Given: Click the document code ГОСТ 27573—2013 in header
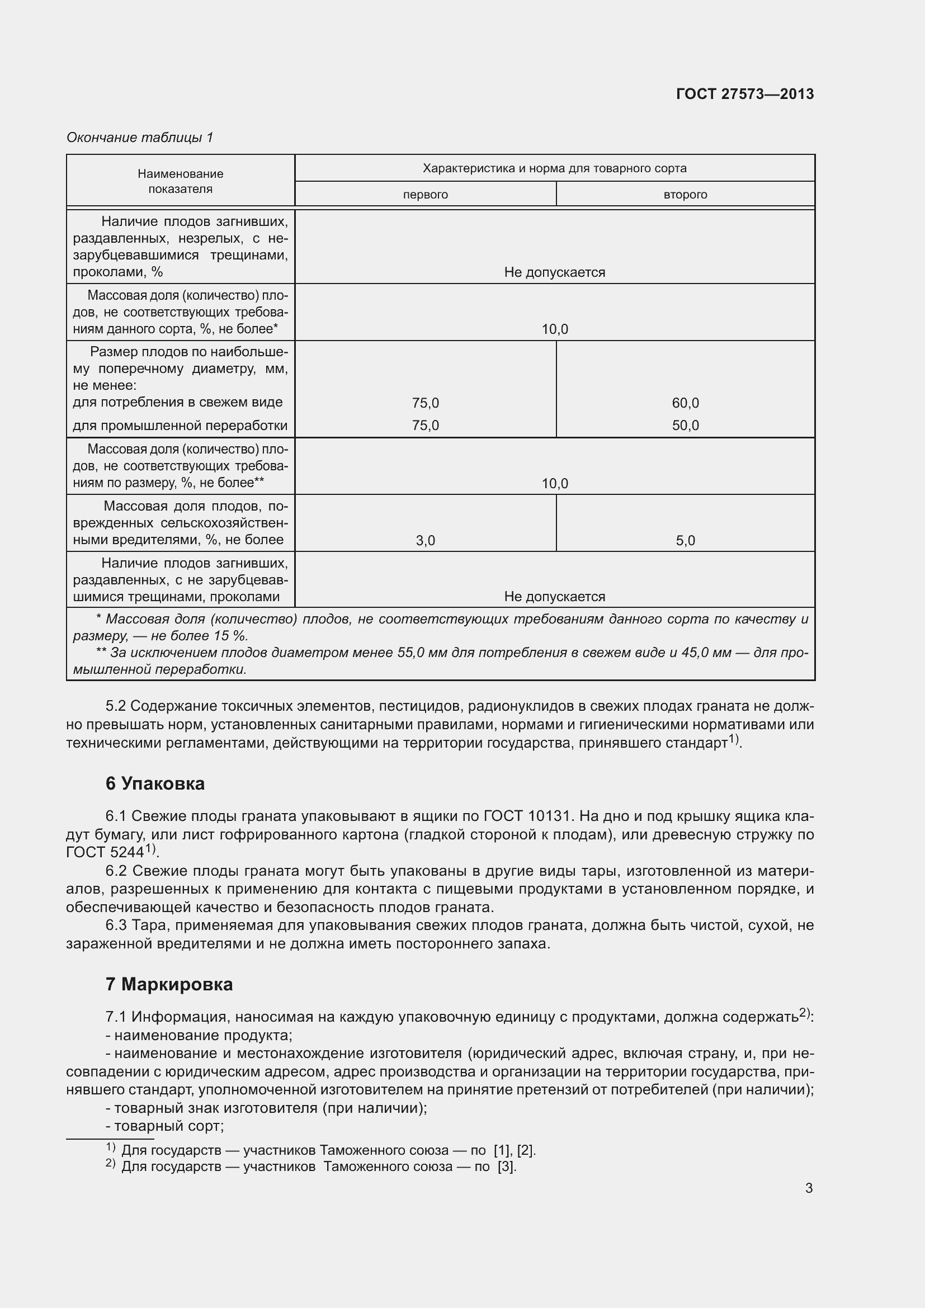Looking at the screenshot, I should (x=744, y=94).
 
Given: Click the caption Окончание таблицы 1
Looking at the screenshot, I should (x=140, y=138).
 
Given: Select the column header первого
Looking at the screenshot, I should (x=425, y=195).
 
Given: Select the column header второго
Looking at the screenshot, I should (x=685, y=195).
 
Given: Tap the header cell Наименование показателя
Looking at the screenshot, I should (x=180, y=181).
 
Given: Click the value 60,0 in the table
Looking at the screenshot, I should (x=685, y=403).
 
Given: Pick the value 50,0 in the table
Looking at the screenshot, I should (x=685, y=426).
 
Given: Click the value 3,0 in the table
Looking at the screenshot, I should (x=425, y=541).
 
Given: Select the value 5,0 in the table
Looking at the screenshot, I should (x=685, y=541).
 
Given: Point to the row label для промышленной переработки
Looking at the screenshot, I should (x=180, y=426).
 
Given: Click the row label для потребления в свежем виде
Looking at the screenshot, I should (x=178, y=402).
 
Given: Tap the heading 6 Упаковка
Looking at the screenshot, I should (x=155, y=784).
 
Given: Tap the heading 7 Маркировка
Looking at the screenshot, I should (x=168, y=984).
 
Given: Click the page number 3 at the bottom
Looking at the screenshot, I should (x=808, y=1188).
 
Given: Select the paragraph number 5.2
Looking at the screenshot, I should (x=116, y=706).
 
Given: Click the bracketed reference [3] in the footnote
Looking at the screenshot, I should (x=506, y=1166).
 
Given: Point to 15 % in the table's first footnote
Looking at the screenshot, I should (x=230, y=636).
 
